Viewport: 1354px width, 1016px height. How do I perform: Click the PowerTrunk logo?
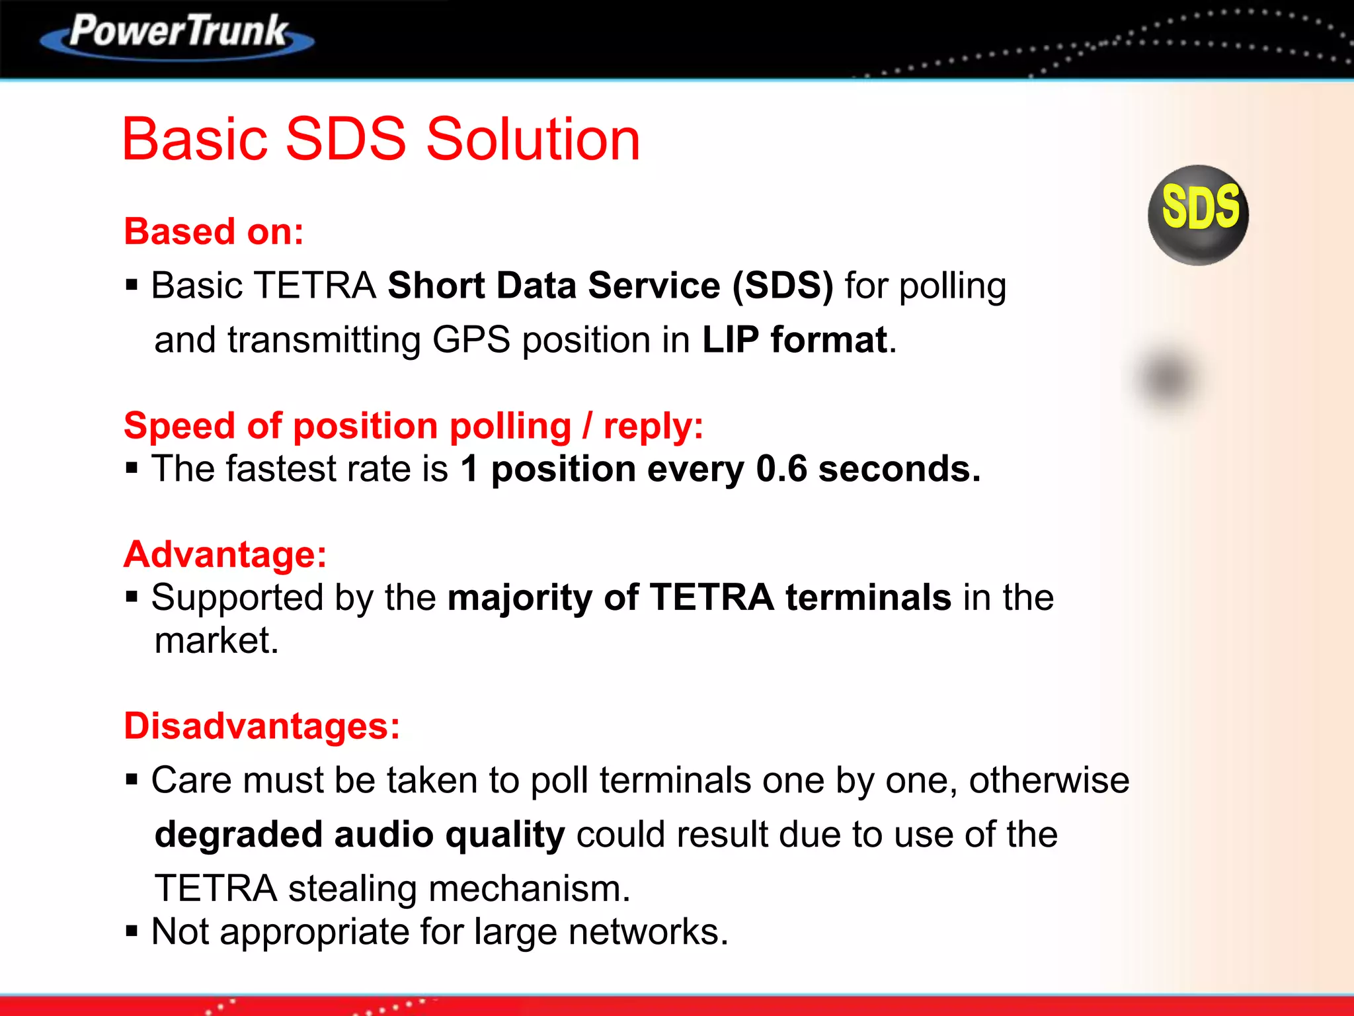point(177,34)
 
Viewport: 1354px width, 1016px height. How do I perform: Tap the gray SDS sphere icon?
point(1198,214)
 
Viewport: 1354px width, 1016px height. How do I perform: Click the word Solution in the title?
point(533,140)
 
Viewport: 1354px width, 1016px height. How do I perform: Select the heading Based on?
point(214,232)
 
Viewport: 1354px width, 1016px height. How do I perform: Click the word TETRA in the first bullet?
point(315,286)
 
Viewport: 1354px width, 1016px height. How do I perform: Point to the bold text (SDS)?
point(782,286)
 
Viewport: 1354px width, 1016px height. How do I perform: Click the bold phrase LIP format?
point(794,340)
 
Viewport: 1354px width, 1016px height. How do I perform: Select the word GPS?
point(471,340)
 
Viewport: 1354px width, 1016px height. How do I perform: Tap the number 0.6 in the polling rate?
point(781,469)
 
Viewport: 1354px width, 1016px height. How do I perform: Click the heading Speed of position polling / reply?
point(413,425)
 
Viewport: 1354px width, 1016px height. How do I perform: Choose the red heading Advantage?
point(225,554)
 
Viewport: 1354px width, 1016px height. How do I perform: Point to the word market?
point(216,641)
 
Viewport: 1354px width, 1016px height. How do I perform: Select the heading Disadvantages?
point(262,726)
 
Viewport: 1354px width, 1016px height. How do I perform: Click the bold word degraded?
point(238,835)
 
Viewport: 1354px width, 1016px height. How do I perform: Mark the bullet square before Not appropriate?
point(132,932)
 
